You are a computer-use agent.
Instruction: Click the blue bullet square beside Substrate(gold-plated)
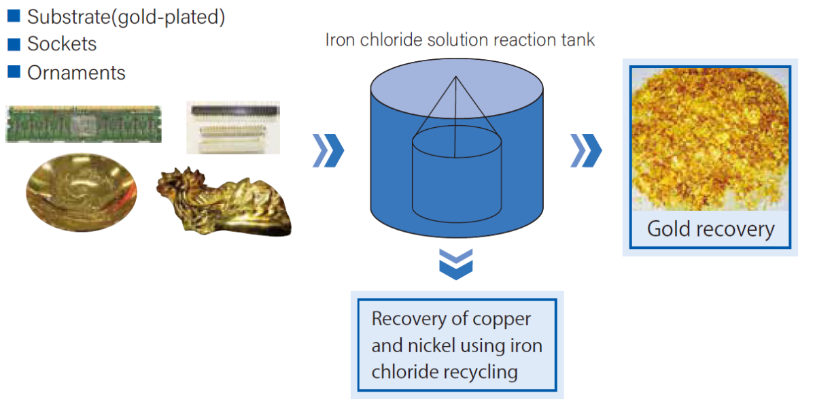[x=14, y=16]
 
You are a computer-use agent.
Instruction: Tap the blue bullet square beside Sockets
[x=14, y=44]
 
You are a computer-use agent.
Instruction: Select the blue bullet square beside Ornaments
[x=14, y=71]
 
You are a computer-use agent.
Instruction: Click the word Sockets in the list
[x=62, y=44]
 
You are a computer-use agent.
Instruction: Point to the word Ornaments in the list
[x=76, y=73]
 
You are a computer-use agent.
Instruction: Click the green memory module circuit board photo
[x=84, y=124]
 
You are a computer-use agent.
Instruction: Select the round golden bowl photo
[x=82, y=192]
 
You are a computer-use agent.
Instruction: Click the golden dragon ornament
[x=224, y=202]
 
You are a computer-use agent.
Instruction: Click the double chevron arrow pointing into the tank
[x=328, y=151]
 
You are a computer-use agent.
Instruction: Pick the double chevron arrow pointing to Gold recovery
[x=586, y=151]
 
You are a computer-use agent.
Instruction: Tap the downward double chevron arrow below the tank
[x=456, y=264]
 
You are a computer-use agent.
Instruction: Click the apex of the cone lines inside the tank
[x=456, y=77]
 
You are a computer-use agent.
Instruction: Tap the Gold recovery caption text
[x=710, y=229]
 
